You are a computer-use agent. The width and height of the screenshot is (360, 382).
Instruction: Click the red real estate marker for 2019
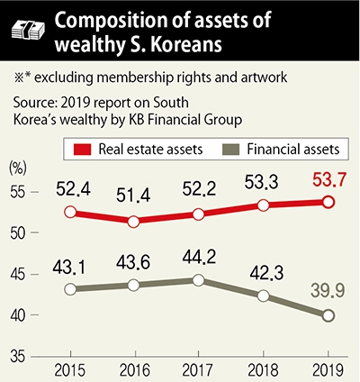point(328,202)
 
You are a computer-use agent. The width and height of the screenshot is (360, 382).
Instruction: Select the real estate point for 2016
point(133,222)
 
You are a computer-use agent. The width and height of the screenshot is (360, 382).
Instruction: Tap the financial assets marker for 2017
point(198,280)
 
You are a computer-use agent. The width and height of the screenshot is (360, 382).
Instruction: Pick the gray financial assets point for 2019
point(328,315)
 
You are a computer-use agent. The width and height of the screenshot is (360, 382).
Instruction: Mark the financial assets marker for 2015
point(70,289)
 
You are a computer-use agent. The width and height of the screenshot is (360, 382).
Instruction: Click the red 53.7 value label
point(329,180)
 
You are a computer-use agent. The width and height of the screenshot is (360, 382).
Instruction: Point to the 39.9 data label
point(328,291)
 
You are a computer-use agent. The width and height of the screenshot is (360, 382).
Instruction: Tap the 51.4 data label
point(133,196)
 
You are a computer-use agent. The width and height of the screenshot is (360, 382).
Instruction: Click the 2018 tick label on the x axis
point(264,370)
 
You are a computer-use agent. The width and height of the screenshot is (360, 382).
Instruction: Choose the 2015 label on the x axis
point(70,370)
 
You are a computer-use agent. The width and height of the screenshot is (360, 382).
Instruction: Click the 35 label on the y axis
point(17,357)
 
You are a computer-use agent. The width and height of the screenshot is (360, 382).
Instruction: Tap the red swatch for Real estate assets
point(82,150)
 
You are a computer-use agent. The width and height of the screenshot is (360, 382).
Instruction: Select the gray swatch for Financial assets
point(231,150)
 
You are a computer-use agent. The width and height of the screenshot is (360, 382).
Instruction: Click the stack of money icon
point(28,30)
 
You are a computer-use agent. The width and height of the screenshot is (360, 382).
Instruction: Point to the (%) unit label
point(18,168)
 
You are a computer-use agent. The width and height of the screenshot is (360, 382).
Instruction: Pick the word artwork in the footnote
point(264,77)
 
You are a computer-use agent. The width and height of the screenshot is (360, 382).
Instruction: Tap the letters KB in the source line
point(137,120)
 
